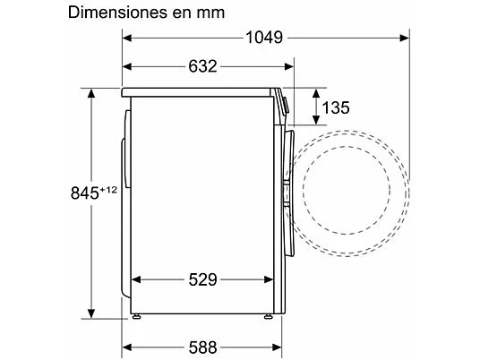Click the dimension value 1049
[264, 38]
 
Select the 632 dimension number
[202, 66]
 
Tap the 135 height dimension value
[336, 107]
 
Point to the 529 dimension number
[202, 279]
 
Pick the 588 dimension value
[202, 347]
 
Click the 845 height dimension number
[85, 193]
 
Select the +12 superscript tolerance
[108, 190]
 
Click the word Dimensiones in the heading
[117, 13]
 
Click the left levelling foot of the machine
[136, 316]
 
